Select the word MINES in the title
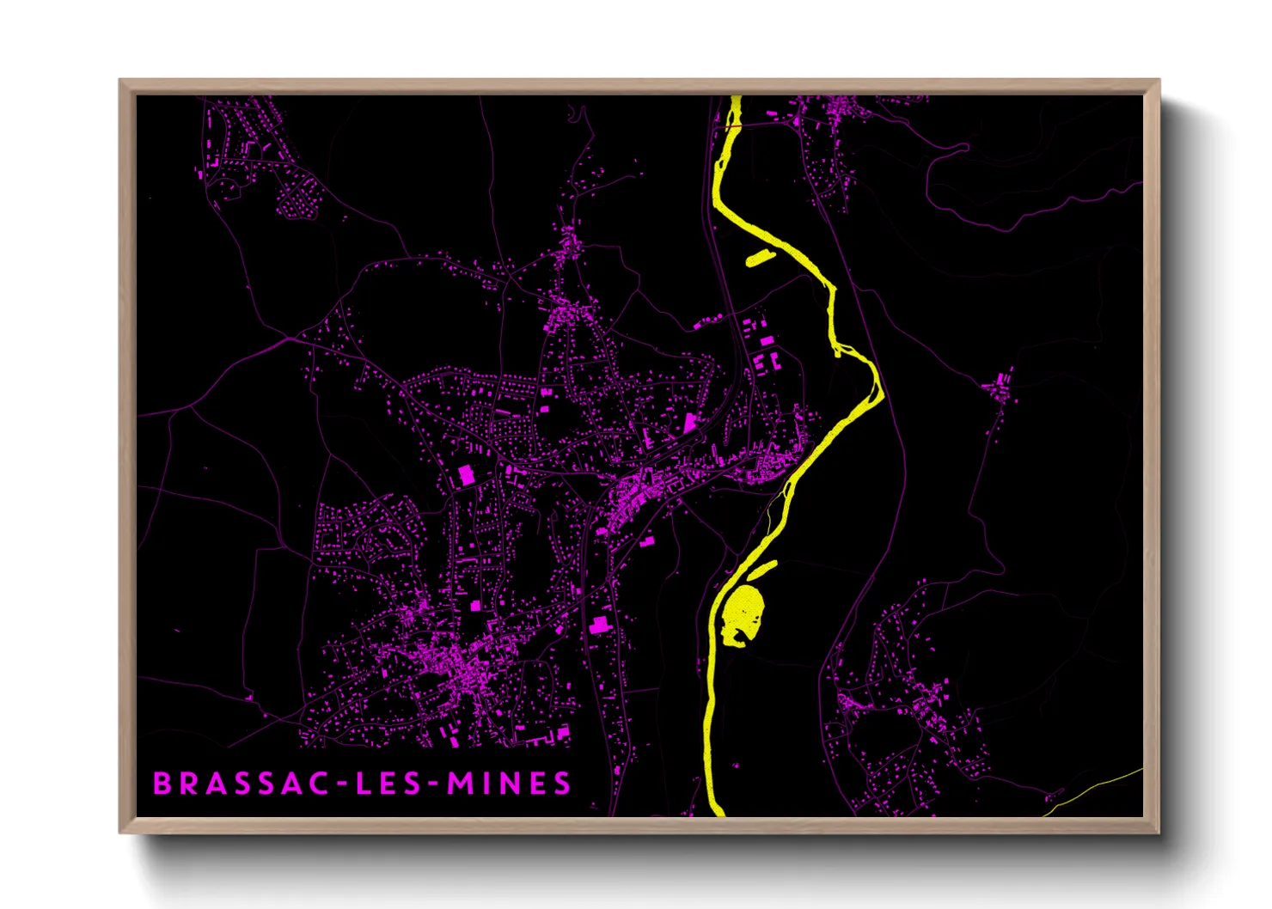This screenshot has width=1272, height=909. pyautogui.click(x=509, y=784)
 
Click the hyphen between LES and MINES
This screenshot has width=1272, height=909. pyautogui.click(x=434, y=784)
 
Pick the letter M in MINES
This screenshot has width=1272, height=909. pyautogui.click(x=460, y=784)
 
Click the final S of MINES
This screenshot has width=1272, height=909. pyautogui.click(x=562, y=784)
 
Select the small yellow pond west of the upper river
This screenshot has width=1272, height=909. pyautogui.click(x=760, y=258)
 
